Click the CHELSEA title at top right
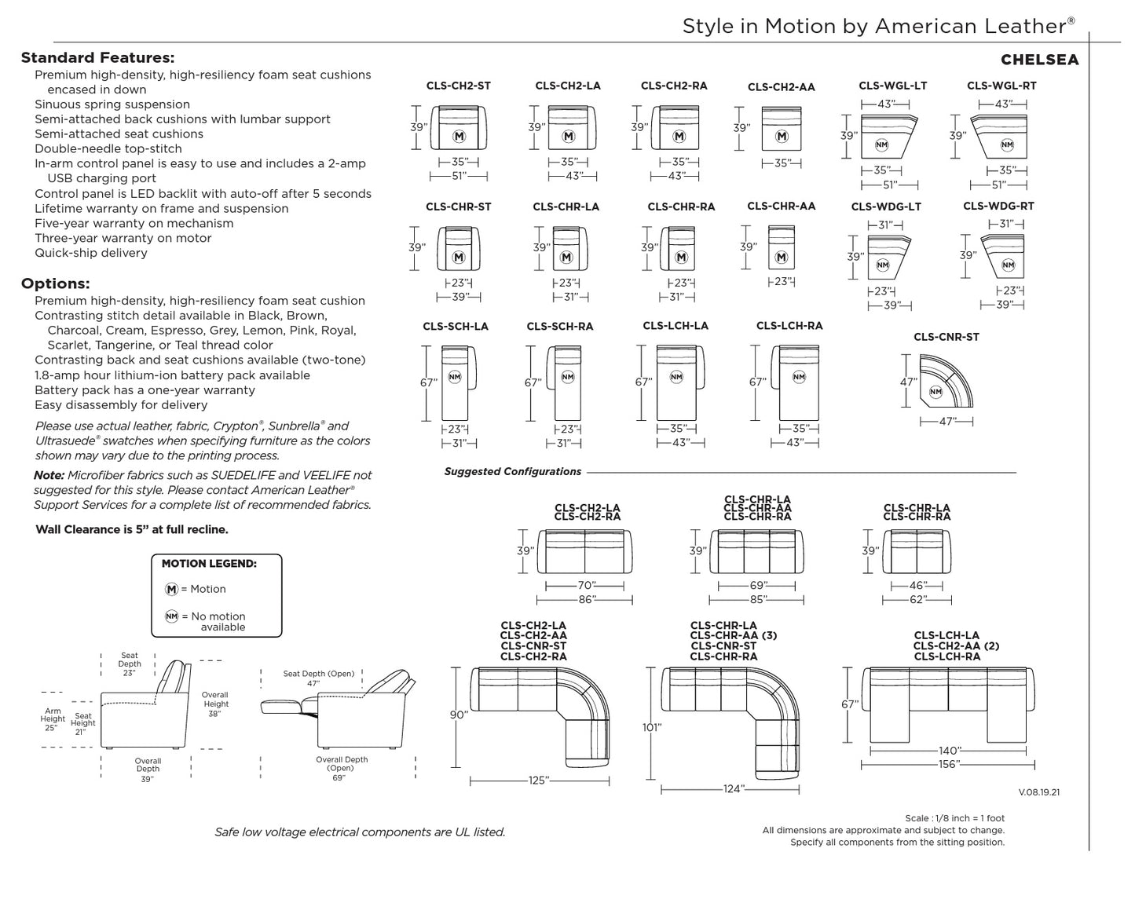(1039, 60)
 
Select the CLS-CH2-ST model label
(458, 86)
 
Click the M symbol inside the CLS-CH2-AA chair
(781, 137)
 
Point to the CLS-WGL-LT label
(892, 86)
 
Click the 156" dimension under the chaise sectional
(949, 764)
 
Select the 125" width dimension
(538, 781)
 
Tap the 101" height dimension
(652, 727)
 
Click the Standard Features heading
(97, 57)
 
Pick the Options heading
(55, 283)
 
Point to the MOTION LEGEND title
(209, 563)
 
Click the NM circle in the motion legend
(172, 616)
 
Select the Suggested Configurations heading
(513, 471)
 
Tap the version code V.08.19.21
(1038, 792)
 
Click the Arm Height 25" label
(53, 718)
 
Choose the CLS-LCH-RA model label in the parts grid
(789, 326)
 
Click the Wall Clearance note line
(132, 529)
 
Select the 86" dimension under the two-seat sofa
(586, 599)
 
